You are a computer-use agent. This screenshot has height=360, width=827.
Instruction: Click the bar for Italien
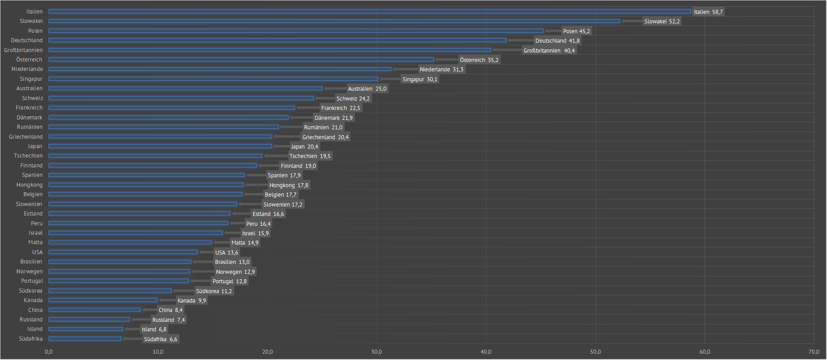[370, 12]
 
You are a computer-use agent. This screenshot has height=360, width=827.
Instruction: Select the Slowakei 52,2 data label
[662, 22]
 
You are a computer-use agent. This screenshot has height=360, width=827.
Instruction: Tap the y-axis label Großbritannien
[23, 50]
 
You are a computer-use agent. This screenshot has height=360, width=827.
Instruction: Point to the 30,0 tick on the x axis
[376, 352]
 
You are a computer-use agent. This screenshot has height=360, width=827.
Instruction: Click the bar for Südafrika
[85, 339]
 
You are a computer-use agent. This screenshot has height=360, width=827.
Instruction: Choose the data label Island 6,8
[154, 329]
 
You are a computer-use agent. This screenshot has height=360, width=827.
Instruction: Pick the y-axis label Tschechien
[28, 156]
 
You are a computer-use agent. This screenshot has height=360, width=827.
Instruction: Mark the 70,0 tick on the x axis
[814, 352]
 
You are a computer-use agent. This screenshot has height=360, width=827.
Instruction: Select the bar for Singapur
[213, 79]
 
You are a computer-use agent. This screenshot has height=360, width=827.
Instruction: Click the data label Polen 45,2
[577, 31]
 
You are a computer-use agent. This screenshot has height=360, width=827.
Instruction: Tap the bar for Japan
[160, 146]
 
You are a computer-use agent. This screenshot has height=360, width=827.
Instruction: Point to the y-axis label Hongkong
[30, 185]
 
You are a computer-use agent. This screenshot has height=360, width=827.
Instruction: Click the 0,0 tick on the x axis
[48, 352]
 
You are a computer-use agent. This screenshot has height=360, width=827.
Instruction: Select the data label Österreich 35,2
[479, 60]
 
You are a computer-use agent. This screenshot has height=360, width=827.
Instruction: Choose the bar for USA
[123, 252]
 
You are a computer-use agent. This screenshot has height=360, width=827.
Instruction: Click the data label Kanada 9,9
[192, 301]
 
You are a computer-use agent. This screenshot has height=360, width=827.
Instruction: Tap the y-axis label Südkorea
[31, 291]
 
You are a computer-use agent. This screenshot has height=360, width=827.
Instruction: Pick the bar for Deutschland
[277, 40]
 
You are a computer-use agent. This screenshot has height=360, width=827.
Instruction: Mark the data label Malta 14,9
[245, 243]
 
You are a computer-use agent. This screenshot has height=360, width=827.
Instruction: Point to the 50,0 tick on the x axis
[595, 352]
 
